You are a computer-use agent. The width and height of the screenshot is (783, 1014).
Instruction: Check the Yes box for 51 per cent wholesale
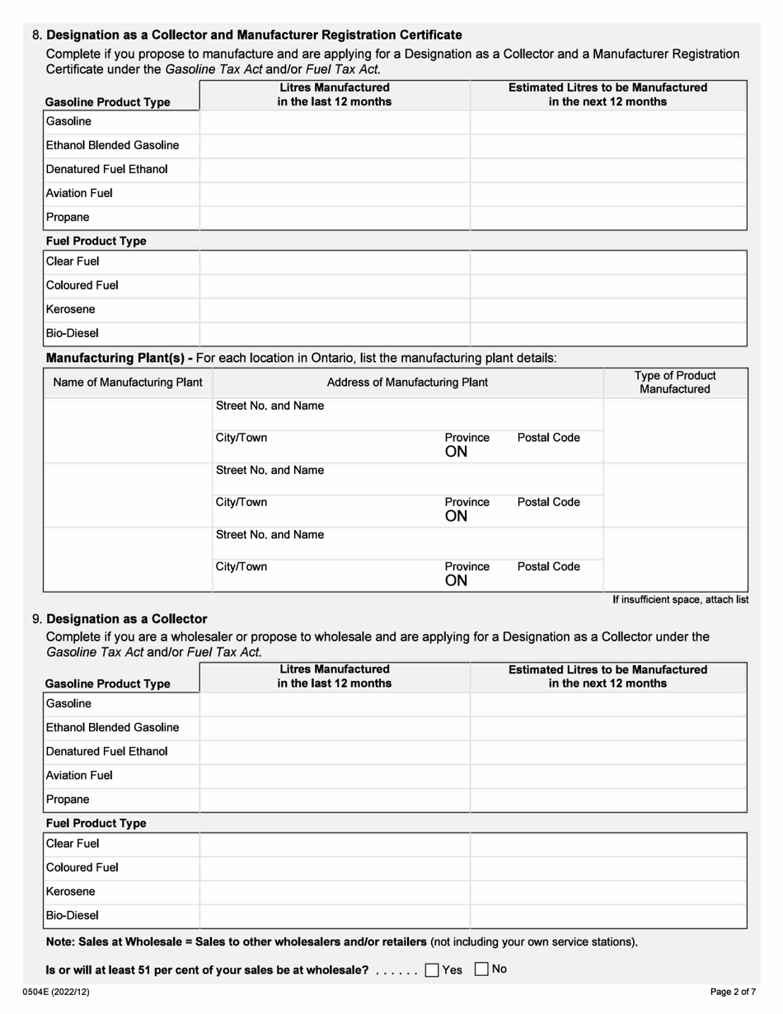click(x=432, y=970)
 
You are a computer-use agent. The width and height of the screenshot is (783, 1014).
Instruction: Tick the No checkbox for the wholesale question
click(x=482, y=970)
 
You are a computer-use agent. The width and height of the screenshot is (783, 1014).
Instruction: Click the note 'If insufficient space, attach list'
click(x=680, y=599)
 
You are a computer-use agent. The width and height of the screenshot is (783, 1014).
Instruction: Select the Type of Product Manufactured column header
click(x=676, y=382)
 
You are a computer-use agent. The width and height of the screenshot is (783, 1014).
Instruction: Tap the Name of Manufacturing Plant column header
click(x=128, y=383)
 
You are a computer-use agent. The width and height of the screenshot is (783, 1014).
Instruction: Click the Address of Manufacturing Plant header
click(x=407, y=383)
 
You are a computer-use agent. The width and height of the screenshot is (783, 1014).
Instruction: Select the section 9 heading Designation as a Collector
click(x=127, y=618)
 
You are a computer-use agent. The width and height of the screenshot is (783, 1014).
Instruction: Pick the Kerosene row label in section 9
click(x=71, y=891)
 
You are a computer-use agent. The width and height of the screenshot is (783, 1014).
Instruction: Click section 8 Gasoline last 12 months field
click(x=334, y=122)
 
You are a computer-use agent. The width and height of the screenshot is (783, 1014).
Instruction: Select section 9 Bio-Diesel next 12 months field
click(x=607, y=916)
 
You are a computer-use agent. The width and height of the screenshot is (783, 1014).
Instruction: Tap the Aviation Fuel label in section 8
click(x=80, y=194)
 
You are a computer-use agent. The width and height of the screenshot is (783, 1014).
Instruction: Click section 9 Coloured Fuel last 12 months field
click(x=334, y=868)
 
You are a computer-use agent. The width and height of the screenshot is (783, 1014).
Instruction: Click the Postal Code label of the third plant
click(x=548, y=567)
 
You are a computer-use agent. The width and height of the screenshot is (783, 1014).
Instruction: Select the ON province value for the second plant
click(x=457, y=517)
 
